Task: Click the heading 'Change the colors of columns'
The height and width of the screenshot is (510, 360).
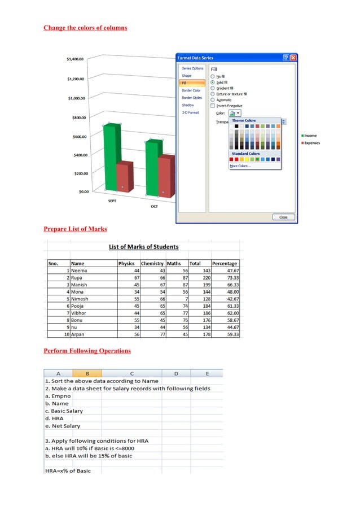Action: [85, 28]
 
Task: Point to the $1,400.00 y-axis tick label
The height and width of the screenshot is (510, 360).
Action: [75, 59]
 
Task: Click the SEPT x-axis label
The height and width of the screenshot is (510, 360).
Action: [112, 200]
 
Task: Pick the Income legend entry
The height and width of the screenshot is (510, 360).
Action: [310, 136]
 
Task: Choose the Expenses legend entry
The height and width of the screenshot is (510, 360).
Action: [311, 143]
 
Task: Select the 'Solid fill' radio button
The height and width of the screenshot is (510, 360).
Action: [213, 82]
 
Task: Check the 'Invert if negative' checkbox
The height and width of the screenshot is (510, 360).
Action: [213, 106]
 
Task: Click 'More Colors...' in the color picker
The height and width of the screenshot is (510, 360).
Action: [240, 166]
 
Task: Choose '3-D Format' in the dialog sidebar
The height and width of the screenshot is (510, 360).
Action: [190, 112]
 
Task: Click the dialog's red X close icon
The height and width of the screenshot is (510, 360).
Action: [293, 58]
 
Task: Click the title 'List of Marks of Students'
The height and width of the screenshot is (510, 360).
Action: [143, 247]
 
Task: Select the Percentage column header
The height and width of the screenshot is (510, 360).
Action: [225, 263]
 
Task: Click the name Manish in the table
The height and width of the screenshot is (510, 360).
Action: [79, 285]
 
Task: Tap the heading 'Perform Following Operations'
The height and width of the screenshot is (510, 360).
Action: [87, 351]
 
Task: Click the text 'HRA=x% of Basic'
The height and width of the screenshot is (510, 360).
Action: [67, 470]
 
